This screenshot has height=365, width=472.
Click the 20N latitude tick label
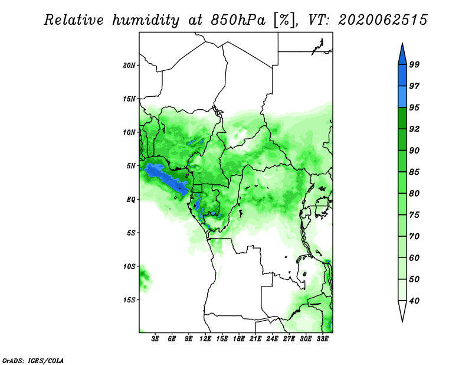(129, 66)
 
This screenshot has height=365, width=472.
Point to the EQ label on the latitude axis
(130, 200)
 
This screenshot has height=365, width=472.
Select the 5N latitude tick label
(131, 166)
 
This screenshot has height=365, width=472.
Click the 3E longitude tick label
(155, 338)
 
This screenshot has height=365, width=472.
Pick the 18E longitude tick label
(239, 338)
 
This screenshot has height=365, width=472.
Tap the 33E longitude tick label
(322, 338)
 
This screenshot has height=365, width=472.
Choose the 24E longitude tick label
(272, 338)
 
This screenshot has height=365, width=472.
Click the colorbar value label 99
(414, 64)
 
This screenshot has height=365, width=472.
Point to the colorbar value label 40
(414, 301)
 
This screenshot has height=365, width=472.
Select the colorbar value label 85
(414, 172)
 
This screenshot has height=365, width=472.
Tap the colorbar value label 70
(414, 236)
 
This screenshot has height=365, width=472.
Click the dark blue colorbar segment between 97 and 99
(402, 76)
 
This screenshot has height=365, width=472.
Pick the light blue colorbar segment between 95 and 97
(402, 97)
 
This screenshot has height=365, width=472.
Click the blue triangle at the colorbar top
(402, 56)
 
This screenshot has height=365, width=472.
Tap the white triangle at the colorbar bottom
(402, 309)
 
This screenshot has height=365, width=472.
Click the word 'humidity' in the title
(146, 20)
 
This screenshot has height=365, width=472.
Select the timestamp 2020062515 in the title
(382, 20)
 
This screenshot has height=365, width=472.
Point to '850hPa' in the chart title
(238, 20)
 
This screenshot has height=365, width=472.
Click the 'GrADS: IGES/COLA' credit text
(33, 360)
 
